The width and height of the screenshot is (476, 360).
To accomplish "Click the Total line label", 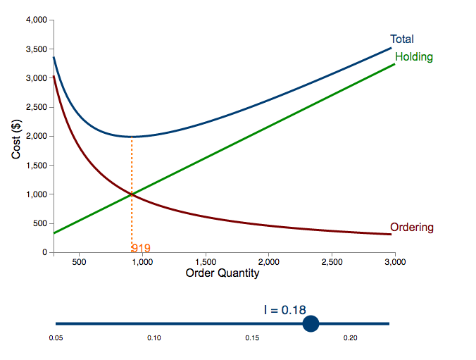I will click(402, 39).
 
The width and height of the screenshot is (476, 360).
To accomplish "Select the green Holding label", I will click(414, 57).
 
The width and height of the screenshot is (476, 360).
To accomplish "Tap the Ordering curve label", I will click(412, 228).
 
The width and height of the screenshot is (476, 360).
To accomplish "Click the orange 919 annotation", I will click(141, 248).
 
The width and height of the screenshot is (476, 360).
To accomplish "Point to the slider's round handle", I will click(311, 323).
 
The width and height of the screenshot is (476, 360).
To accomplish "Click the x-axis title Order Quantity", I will click(223, 273).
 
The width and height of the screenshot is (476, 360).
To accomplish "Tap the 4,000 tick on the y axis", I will click(35, 20).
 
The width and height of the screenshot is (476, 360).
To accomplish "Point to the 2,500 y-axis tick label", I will click(35, 108).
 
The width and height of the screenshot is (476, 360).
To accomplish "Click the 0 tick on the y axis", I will click(44, 252).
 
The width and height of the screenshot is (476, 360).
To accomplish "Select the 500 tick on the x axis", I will click(79, 263).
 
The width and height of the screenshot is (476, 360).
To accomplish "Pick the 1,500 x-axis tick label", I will click(205, 263).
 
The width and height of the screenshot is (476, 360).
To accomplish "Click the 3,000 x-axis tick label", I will click(394, 263).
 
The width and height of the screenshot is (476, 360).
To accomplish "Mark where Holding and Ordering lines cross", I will click(132, 194).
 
